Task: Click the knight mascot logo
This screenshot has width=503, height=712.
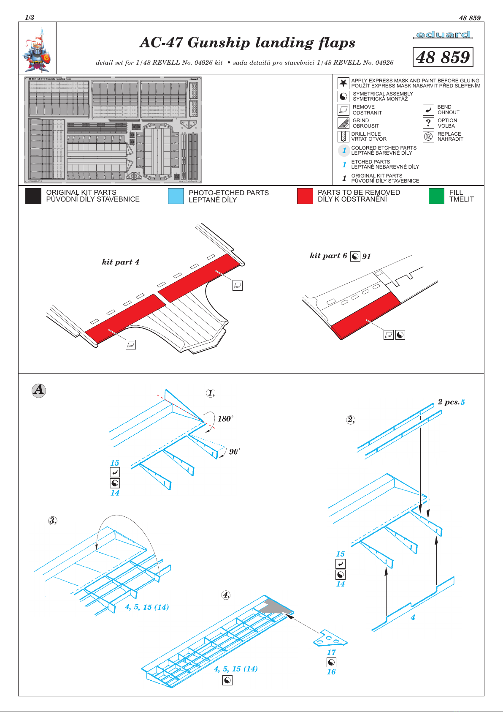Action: tap(37, 49)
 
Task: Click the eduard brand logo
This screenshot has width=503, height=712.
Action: tap(443, 35)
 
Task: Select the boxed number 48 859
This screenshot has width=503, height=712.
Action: tap(443, 57)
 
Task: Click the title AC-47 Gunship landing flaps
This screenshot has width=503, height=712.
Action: tap(247, 43)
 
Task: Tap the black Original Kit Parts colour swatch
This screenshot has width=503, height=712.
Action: tap(33, 196)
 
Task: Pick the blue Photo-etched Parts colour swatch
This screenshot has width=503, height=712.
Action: tap(176, 196)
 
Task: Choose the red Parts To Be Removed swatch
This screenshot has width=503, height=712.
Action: tap(305, 196)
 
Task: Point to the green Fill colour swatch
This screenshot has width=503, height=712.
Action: tap(436, 196)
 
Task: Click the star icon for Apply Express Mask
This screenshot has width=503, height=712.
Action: tap(343, 83)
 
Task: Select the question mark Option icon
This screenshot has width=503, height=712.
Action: tap(428, 123)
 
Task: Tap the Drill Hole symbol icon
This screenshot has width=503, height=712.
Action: tap(343, 136)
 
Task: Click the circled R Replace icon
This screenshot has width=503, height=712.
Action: tap(428, 136)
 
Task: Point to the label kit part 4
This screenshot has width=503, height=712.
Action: tap(120, 262)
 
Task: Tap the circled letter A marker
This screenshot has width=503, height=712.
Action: tap(39, 390)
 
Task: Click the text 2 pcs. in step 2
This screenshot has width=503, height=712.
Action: tap(448, 402)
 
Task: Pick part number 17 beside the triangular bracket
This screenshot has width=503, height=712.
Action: tap(332, 652)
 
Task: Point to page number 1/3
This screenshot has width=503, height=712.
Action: tap(30, 18)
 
